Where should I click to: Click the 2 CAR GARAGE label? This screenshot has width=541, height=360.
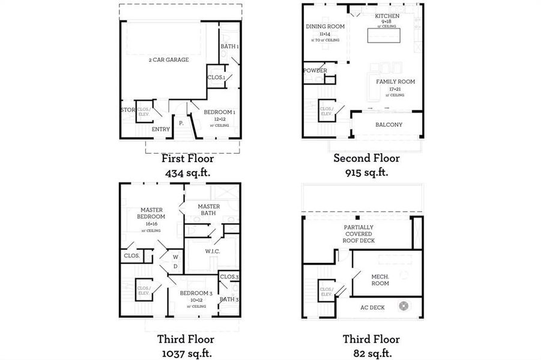(x=169, y=59)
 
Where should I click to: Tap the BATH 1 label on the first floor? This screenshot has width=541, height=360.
(x=229, y=46)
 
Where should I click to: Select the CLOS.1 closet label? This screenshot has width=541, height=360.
(x=216, y=77)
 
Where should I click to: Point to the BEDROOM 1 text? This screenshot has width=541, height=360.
(x=219, y=112)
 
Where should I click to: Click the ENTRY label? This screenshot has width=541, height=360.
(x=160, y=129)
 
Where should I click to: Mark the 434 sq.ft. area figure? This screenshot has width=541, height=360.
(x=187, y=173)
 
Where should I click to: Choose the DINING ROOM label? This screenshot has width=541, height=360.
(x=325, y=26)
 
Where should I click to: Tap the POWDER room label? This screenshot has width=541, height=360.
(x=315, y=71)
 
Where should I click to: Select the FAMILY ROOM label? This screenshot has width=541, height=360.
(x=395, y=82)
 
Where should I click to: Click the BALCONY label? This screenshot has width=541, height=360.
(x=388, y=125)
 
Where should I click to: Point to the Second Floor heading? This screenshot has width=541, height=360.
(x=366, y=158)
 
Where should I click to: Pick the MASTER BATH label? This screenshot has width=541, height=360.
(x=209, y=209)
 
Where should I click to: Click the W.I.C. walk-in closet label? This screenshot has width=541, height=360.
(x=212, y=251)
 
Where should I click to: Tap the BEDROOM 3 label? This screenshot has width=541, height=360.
(x=196, y=293)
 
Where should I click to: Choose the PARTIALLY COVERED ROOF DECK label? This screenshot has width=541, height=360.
(x=359, y=234)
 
